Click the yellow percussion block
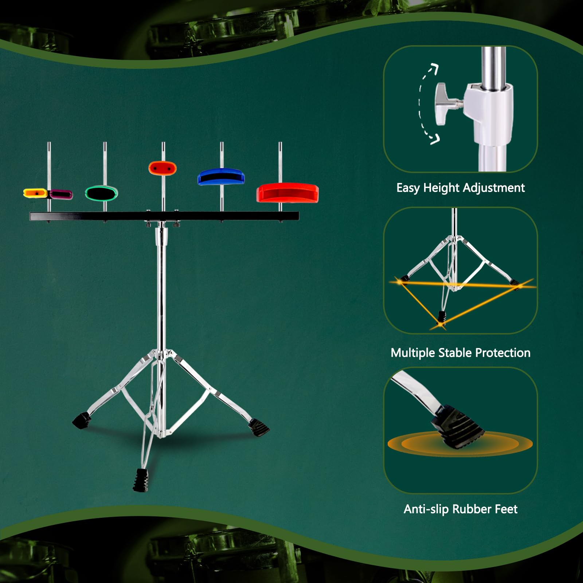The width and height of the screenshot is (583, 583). coord(35,193)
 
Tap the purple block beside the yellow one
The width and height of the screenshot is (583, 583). coord(61,194)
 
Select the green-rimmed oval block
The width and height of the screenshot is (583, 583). coord(101,193)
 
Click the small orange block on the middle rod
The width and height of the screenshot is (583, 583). coord(163,168)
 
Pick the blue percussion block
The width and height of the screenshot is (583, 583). coord(221,177)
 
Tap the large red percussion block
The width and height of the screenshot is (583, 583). coord(287,193)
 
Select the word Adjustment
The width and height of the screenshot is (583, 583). coord(494,188)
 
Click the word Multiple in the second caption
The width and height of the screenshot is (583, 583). coord(412,353)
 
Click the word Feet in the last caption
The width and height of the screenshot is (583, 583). coord(506,509)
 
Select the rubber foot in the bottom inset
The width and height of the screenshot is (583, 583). coord(458,426)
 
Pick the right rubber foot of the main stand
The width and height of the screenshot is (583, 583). coord(259,427)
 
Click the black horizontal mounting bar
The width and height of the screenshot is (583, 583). coord(164,216)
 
